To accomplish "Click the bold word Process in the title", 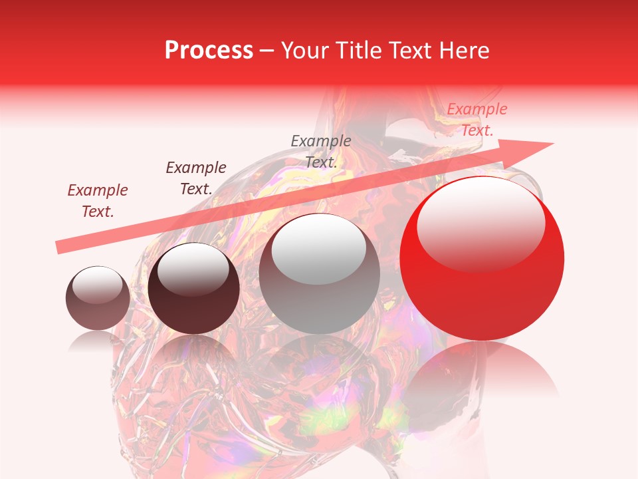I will tap(209, 51).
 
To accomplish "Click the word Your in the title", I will tap(302, 51).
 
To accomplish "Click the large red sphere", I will tap(482, 279).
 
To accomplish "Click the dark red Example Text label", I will tap(98, 201).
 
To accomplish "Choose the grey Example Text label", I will tap(321, 151).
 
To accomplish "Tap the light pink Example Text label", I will tap(477, 120).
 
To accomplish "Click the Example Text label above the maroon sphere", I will tap(196, 178).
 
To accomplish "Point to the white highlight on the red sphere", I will tap(480, 223).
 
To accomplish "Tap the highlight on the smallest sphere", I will tap(97, 285).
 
